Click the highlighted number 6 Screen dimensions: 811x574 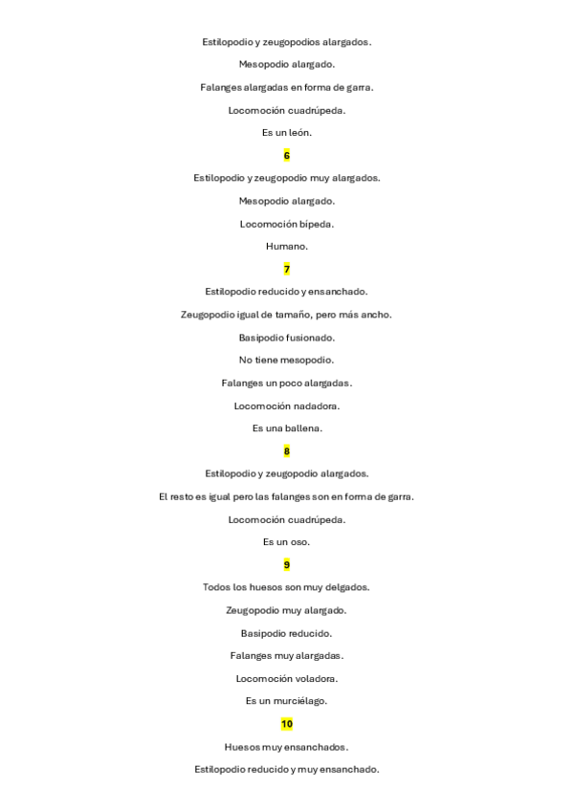(x=287, y=155)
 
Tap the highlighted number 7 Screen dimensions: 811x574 (x=287, y=269)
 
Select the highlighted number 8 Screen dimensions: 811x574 (x=287, y=450)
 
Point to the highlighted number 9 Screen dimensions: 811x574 (x=287, y=564)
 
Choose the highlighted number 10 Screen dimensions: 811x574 (x=287, y=724)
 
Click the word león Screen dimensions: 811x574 (x=298, y=133)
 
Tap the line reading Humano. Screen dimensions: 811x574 (x=287, y=247)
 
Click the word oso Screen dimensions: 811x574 (x=301, y=542)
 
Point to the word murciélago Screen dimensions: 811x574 (x=302, y=701)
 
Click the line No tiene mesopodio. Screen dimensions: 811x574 (x=287, y=361)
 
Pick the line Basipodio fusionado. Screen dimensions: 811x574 (x=287, y=338)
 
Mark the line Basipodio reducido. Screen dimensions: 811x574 (x=287, y=633)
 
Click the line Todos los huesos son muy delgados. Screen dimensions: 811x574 (x=287, y=587)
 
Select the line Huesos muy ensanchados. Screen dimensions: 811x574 (x=287, y=747)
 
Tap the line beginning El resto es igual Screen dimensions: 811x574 (x=287, y=496)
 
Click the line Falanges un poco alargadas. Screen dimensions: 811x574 (x=287, y=383)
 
